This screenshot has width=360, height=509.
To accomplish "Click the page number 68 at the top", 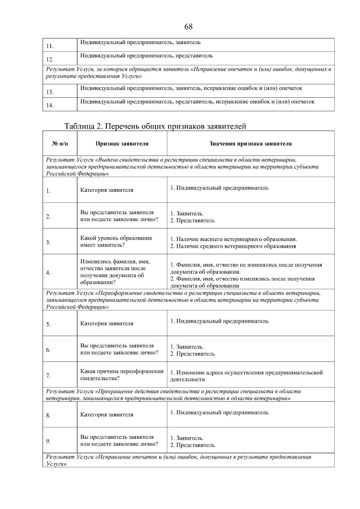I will pyautogui.click(x=188, y=27).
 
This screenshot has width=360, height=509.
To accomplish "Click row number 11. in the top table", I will pyautogui.click(x=50, y=46).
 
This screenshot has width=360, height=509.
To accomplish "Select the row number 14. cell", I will pyautogui.click(x=50, y=105).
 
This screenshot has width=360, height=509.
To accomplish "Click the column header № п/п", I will pyautogui.click(x=60, y=144).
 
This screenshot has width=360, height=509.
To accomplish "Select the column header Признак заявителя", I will pyautogui.click(x=122, y=144).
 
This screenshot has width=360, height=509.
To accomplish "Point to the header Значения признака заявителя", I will pyautogui.click(x=250, y=144).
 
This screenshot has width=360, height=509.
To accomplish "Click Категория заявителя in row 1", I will pyautogui.click(x=107, y=190).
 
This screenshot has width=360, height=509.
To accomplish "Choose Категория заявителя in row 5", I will pyautogui.click(x=107, y=323).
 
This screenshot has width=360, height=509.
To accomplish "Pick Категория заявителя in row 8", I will pyautogui.click(x=107, y=415).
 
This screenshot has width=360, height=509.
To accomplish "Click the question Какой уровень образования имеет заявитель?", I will pyautogui.click(x=116, y=242).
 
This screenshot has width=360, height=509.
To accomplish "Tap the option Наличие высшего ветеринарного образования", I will pyautogui.click(x=233, y=239).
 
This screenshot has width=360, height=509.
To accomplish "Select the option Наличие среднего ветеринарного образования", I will pyautogui.click(x=233, y=246).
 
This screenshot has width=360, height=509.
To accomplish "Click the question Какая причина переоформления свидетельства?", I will pyautogui.click(x=122, y=375).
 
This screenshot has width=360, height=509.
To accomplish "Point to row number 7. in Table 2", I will pyautogui.click(x=48, y=376).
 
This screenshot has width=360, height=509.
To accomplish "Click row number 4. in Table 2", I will pyautogui.click(x=48, y=272).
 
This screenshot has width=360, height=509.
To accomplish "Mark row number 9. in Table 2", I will pyautogui.click(x=48, y=441).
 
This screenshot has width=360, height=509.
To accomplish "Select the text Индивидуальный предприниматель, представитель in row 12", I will pyautogui.click(x=147, y=55).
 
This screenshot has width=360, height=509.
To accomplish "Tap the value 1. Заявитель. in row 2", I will pyautogui.click(x=187, y=214).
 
